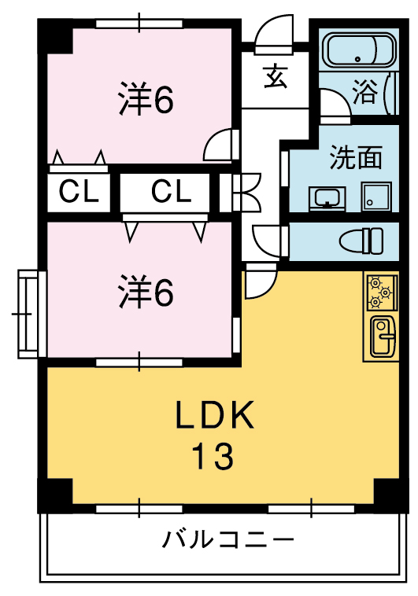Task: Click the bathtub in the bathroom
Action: (x=359, y=50)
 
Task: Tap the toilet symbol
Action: (x=361, y=241)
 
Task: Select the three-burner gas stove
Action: (x=382, y=292)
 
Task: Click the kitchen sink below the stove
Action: (x=383, y=337)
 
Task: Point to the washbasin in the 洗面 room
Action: (x=327, y=198)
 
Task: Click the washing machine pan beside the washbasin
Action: (x=376, y=196)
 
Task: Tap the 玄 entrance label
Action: (x=276, y=76)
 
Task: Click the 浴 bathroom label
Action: (x=365, y=92)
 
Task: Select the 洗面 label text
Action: (x=356, y=157)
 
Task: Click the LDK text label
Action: (x=214, y=414)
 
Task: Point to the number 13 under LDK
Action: (x=212, y=456)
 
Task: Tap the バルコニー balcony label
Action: (x=228, y=539)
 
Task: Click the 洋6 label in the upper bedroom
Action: (x=146, y=99)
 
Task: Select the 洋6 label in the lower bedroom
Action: (x=146, y=292)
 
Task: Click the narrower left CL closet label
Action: (x=79, y=191)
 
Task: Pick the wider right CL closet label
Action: (x=171, y=191)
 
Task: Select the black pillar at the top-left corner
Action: (x=55, y=36)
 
